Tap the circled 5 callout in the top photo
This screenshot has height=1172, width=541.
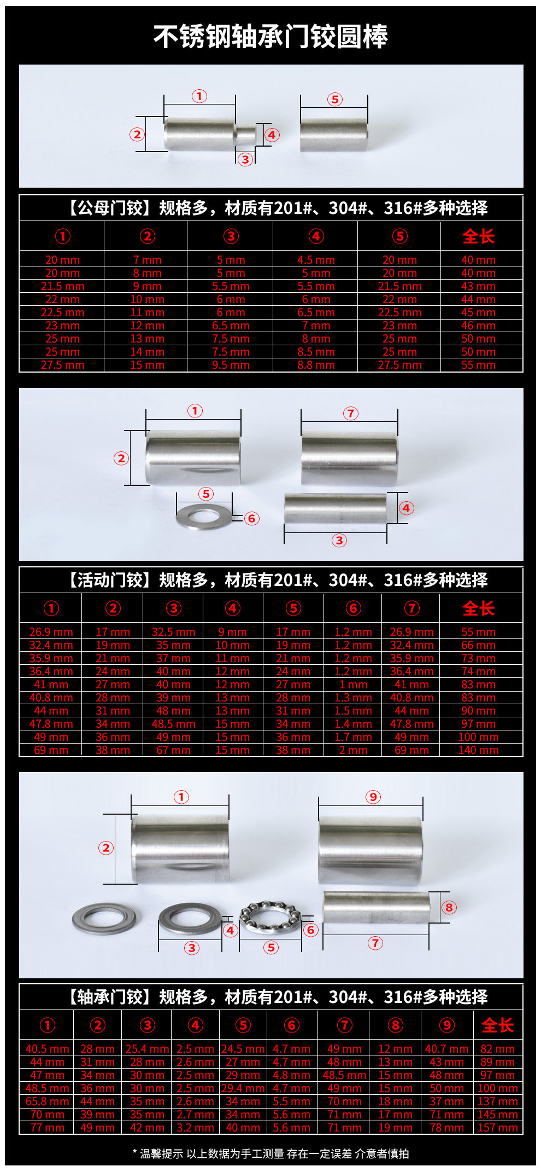[x=335, y=99]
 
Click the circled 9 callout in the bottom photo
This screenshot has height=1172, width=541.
[x=373, y=797]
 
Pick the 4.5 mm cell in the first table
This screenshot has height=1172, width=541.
[x=316, y=260]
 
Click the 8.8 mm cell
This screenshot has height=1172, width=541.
[x=316, y=365]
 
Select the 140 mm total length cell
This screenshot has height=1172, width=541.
[x=478, y=750]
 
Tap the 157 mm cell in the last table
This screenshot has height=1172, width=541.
[x=497, y=1128]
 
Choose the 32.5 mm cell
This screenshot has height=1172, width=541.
[x=173, y=632]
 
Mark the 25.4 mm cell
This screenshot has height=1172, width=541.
[x=147, y=1049]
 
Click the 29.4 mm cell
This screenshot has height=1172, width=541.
[x=243, y=1088]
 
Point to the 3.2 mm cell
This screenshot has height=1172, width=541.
[x=195, y=1128]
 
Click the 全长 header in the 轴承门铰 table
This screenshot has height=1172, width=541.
[x=497, y=1025]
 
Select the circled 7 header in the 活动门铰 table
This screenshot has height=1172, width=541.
[x=411, y=608]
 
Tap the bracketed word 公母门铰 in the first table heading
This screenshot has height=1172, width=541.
[x=110, y=208]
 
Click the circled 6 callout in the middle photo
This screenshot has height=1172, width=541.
[x=251, y=518]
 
